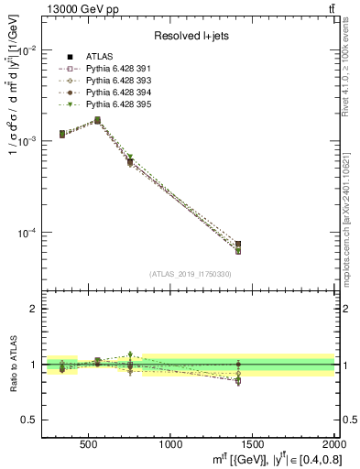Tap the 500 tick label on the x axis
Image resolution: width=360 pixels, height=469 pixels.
[x=89, y=444]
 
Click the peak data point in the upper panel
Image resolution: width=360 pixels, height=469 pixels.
[x=97, y=120]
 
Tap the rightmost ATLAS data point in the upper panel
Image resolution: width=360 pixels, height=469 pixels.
[x=238, y=245]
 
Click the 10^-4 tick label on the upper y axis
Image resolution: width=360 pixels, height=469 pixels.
[x=27, y=233]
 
